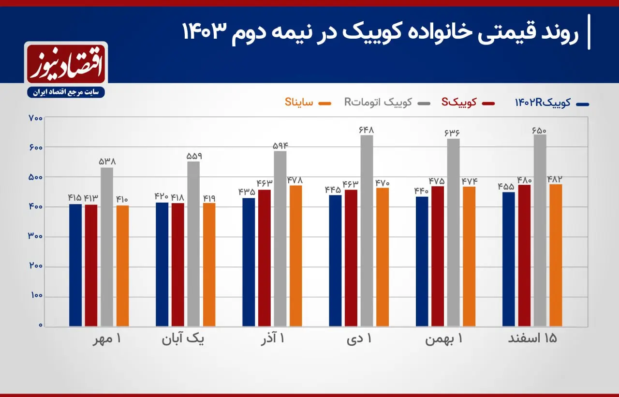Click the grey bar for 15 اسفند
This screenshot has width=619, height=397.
540,230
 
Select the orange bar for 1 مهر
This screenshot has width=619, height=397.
122,265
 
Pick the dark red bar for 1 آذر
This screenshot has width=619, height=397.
264,258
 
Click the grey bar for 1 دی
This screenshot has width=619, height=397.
367,231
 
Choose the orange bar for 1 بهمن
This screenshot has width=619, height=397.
469,256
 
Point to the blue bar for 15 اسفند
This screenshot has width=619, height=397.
509,259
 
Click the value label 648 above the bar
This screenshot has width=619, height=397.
367,130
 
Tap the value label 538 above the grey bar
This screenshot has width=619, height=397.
107,162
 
